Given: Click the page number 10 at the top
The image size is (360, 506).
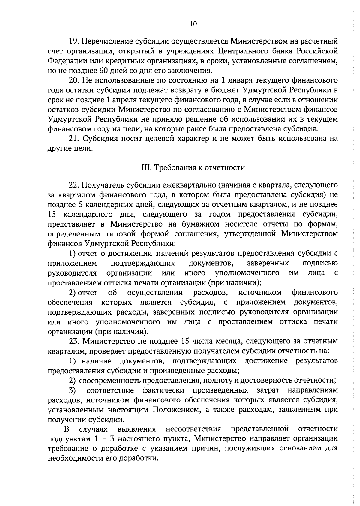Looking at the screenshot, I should [193, 24].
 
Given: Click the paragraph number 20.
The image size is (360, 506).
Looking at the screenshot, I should [73, 80].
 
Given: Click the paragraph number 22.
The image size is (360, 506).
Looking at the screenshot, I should [73, 185].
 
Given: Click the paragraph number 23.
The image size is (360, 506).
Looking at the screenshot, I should [73, 341].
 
